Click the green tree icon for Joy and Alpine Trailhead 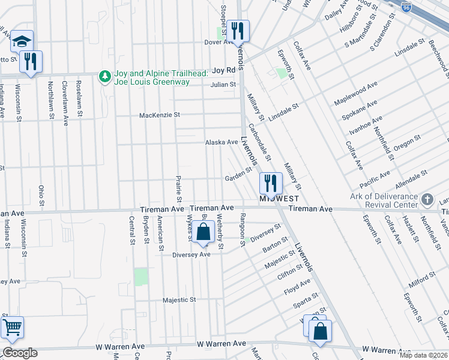tap(106, 76)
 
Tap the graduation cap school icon tap(22, 41)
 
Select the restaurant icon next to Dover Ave tap(239, 30)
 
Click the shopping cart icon tap(12, 327)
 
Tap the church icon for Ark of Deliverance tap(427, 199)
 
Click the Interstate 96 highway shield tap(406, 7)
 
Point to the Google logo tap(19, 353)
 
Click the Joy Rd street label tap(222, 70)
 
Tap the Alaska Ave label tap(221, 142)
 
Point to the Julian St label tap(223, 85)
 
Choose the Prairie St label tap(179, 190)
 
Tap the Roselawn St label tap(79, 95)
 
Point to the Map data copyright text tap(424, 355)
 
